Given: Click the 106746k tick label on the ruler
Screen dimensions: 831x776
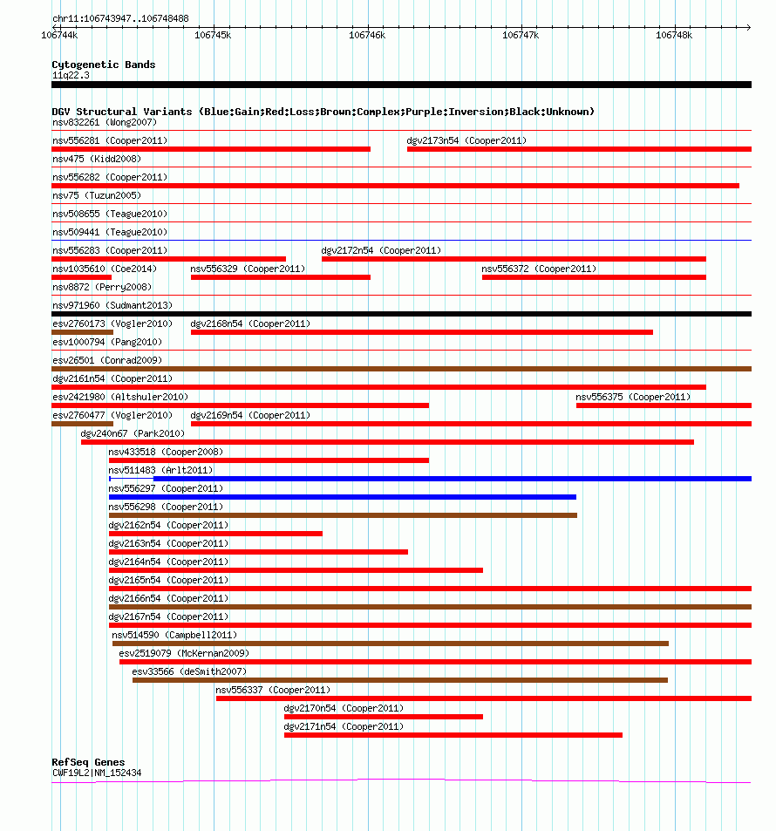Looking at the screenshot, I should [x=366, y=35].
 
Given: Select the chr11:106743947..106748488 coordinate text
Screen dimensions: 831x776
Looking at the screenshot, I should [x=120, y=18].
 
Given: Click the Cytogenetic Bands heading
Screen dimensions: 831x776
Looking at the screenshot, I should [x=103, y=65].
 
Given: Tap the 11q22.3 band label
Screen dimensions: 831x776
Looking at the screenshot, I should [x=71, y=75].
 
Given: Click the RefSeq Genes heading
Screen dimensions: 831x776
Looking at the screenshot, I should [x=88, y=762].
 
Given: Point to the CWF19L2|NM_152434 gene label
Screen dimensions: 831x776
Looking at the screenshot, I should [x=97, y=773].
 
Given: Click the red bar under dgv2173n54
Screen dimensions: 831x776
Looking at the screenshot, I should [x=579, y=149].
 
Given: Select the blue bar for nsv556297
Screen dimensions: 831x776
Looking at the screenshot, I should [x=342, y=497].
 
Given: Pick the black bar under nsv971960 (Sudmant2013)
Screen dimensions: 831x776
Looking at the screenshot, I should [x=401, y=314].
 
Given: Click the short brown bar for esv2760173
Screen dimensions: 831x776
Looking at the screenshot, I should [x=82, y=332].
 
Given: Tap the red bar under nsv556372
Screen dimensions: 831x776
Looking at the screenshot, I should [x=594, y=277].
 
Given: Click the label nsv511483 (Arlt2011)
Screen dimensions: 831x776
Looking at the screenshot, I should [x=160, y=470].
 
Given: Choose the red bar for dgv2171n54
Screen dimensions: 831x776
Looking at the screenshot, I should [x=453, y=735].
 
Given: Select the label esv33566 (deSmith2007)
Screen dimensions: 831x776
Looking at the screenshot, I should [x=189, y=671].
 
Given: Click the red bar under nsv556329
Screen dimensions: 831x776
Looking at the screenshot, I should [x=280, y=277].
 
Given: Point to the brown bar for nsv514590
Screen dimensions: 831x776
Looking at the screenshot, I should [x=390, y=644].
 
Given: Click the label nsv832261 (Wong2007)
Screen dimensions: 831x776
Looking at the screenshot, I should [x=104, y=122].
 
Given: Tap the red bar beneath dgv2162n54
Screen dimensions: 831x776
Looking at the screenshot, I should [x=215, y=534].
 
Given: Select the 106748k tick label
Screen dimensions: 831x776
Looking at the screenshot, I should [x=674, y=35].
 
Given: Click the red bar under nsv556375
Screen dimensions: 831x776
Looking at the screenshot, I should [x=664, y=405].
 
